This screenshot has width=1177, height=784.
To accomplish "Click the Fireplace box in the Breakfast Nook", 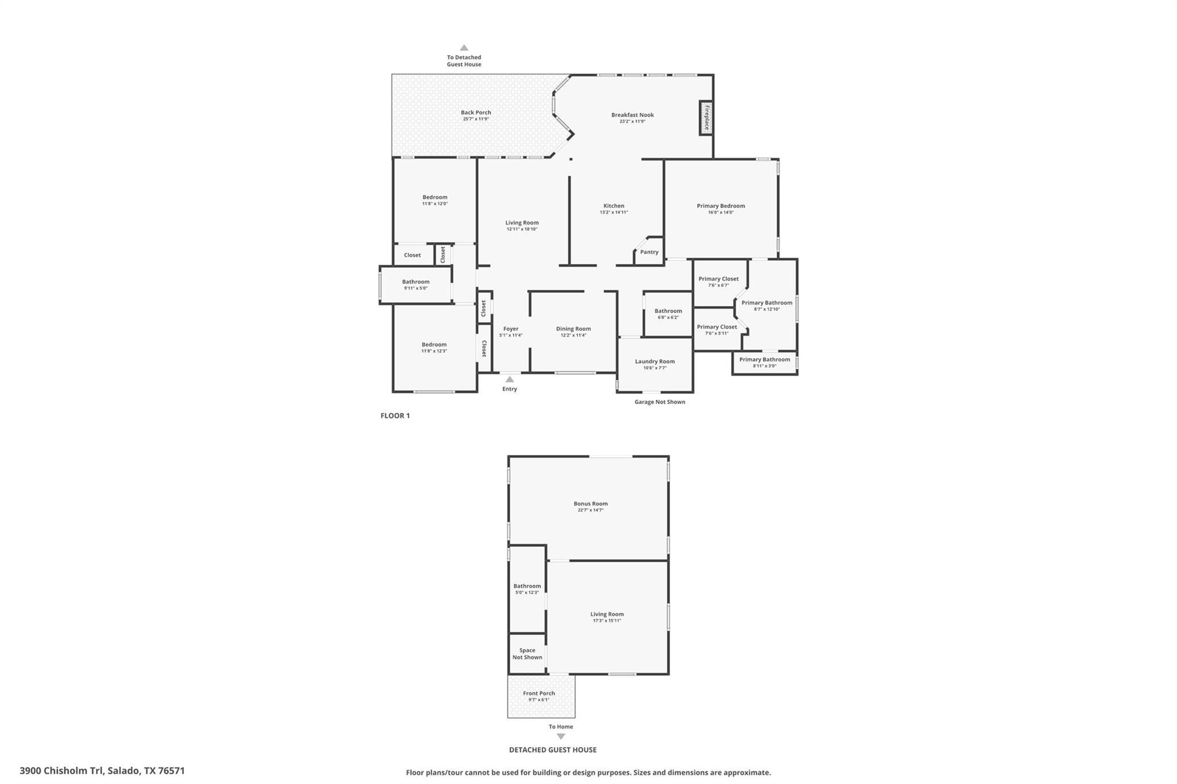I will (x=706, y=118).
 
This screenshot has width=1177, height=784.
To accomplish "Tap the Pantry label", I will (x=649, y=252).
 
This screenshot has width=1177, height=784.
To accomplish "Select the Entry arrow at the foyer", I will (x=509, y=379).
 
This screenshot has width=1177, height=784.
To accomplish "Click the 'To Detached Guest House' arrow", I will (x=464, y=48).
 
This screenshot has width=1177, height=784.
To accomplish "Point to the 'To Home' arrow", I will (x=561, y=736).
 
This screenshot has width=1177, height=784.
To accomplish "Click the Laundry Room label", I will (x=655, y=361).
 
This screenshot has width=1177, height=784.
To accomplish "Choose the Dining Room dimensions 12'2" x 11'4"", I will (x=573, y=335).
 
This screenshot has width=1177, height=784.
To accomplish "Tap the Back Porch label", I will (x=476, y=113).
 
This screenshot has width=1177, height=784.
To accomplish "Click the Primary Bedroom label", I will (x=721, y=206).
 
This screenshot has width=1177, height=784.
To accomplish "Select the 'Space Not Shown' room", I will (x=527, y=654).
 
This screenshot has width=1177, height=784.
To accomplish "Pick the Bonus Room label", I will (x=590, y=504).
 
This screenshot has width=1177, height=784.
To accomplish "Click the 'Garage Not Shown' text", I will (x=660, y=402).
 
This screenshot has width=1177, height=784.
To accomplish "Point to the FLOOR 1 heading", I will (x=395, y=416).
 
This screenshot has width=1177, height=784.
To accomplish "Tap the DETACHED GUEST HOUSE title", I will (x=552, y=750).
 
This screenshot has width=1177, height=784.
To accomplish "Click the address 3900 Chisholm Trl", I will (x=102, y=771).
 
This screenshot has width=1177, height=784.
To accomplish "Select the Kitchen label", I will (x=614, y=206).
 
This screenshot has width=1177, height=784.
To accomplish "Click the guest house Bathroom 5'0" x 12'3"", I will (x=527, y=589).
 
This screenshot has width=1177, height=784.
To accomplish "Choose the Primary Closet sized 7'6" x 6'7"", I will (x=718, y=281).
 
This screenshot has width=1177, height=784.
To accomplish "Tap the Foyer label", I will (x=511, y=329).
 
